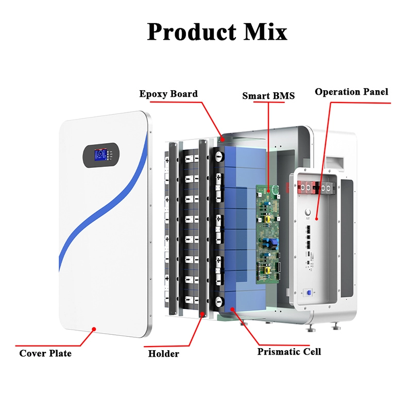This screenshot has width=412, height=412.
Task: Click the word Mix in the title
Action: [x=265, y=31]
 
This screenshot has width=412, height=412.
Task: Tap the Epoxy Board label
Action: [x=168, y=94]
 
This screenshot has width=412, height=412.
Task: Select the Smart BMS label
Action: [x=268, y=95]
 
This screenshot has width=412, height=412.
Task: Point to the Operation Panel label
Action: [x=352, y=92]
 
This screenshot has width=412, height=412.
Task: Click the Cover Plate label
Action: [x=45, y=353]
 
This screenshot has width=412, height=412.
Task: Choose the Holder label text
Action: [x=164, y=354]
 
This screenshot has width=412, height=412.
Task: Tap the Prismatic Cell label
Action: [x=289, y=352]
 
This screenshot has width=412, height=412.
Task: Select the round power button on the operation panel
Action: [x=308, y=212]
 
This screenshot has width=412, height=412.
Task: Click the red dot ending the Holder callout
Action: [x=203, y=314]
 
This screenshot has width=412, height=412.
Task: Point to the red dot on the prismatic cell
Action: [x=234, y=310]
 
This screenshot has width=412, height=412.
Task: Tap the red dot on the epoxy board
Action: [x=222, y=138]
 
